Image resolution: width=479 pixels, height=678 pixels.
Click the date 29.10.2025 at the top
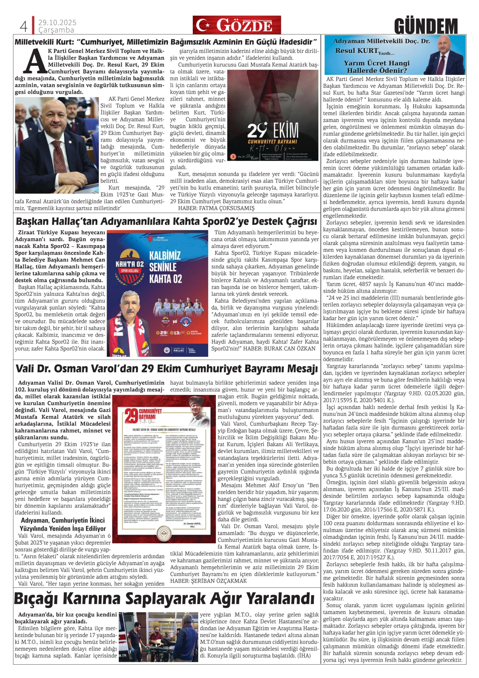(57, 23)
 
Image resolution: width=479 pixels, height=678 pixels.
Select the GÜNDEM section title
(426, 26)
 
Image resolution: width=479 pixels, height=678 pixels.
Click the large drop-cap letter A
(35, 61)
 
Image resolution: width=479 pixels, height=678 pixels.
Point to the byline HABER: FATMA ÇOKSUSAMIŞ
(216, 208)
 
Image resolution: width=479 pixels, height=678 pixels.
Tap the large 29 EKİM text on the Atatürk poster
(273, 130)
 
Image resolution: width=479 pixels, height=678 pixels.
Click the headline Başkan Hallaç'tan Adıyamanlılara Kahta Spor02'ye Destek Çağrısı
(166, 221)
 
